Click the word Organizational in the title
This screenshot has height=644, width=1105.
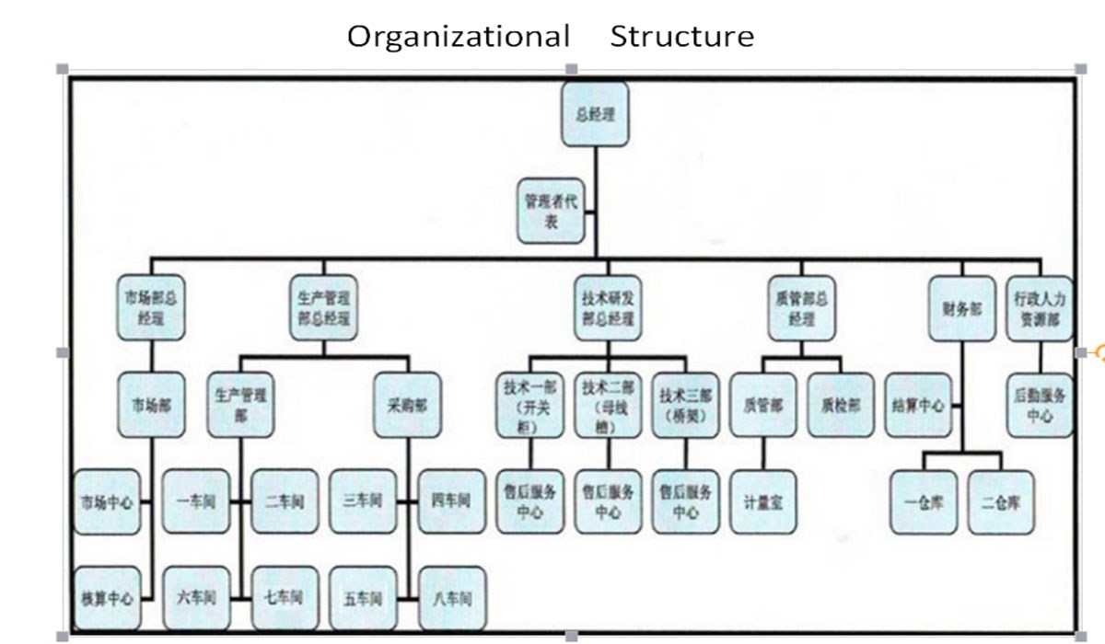458,37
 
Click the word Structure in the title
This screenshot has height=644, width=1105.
681,37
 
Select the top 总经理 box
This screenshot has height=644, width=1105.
595,114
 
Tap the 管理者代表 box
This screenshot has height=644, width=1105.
551,211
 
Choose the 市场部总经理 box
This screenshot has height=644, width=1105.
150,308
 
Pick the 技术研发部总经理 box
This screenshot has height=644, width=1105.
608,308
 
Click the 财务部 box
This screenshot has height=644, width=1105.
961,308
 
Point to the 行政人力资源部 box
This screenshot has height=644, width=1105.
1039,308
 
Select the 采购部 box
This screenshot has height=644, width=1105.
406,404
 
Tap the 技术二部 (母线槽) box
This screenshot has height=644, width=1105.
608,404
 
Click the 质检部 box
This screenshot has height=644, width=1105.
841,404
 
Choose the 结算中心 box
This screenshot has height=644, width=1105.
918,404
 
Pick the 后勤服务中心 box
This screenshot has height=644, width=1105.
1039,404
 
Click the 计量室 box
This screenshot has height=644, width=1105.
763,501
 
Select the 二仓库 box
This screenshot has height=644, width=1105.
1000,501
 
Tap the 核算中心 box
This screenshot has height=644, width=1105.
107,598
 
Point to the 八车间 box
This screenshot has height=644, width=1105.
452,598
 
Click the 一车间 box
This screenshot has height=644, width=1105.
195,501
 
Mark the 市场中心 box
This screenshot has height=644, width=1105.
107,501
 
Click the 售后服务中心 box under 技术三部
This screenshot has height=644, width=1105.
685,501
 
